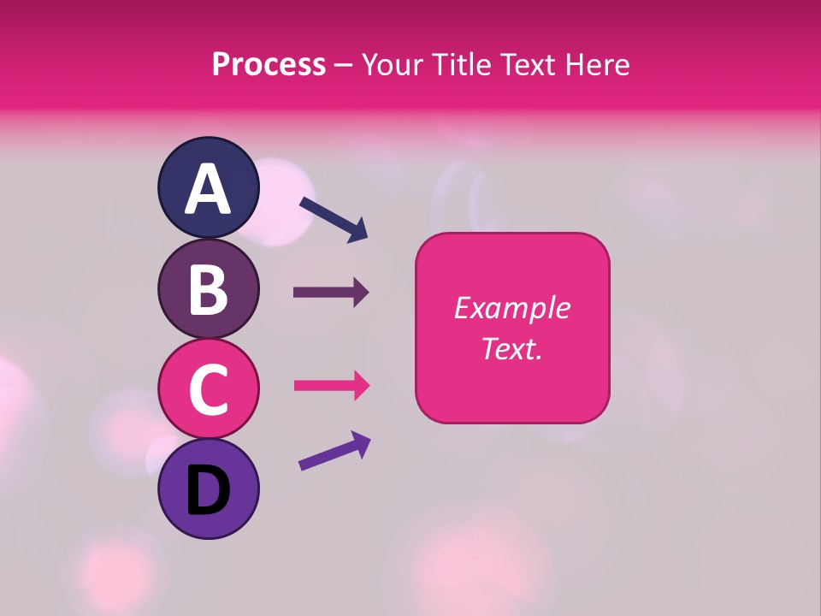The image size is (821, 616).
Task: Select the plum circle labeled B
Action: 208,291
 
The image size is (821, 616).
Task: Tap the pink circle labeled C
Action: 208,389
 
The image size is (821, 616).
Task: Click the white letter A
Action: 208,189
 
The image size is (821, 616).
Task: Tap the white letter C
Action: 208,389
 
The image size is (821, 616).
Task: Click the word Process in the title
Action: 269,64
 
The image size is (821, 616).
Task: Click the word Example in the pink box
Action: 511,308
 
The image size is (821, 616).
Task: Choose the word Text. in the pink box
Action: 511,348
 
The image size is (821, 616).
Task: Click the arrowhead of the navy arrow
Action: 357,230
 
